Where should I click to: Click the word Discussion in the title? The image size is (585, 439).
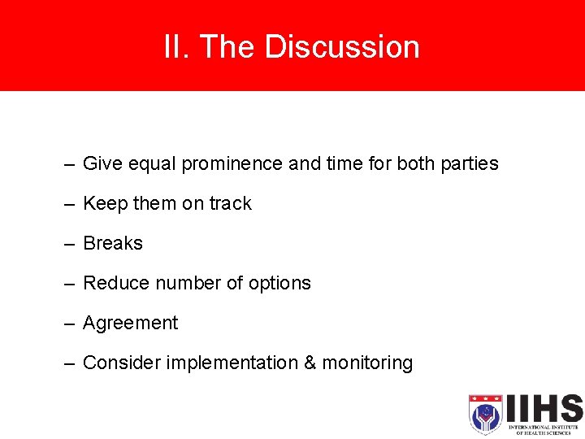tap(342, 47)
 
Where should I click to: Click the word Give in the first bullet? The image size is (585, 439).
tap(102, 163)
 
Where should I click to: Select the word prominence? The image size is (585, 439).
tap(232, 163)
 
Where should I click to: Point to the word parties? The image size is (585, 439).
tap(469, 163)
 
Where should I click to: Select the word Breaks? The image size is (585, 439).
tap(113, 243)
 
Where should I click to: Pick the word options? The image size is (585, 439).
tap(279, 283)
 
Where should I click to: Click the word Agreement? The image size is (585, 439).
tap(130, 323)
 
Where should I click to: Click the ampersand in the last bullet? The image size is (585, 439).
tap(310, 363)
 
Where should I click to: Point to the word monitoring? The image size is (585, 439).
tap(367, 363)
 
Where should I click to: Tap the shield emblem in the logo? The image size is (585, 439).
tap(485, 415)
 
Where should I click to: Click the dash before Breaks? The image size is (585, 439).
tap(71, 244)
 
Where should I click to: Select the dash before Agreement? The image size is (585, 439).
tap(71, 324)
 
